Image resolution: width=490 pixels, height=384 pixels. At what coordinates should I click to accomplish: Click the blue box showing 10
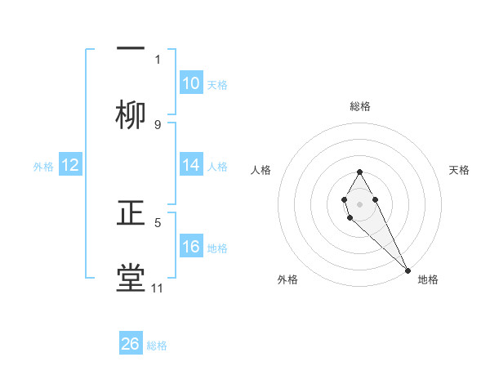pos(191,83)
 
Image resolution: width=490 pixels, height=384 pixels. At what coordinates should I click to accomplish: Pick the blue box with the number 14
pos(191,165)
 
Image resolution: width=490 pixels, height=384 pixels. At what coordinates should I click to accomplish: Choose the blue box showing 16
pos(191,247)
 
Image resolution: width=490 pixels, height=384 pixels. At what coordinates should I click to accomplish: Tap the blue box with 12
pos(70,165)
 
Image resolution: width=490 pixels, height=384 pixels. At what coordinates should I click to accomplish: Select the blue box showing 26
pos(131,344)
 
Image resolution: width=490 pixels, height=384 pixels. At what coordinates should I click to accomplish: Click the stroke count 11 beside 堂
pos(157,288)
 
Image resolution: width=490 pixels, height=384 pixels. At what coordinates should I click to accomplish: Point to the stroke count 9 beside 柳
pos(157,124)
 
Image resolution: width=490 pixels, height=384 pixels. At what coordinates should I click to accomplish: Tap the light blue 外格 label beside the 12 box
pos(43,167)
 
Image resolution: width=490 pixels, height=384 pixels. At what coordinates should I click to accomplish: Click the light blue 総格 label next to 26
pos(157,346)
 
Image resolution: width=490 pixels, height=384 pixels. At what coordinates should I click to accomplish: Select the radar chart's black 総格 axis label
pos(360,106)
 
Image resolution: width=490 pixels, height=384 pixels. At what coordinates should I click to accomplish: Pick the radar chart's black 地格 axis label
pos(428,279)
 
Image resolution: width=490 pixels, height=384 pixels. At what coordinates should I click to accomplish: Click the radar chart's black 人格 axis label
pos(261,170)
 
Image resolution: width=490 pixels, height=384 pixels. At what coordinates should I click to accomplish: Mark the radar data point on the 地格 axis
pos(408,270)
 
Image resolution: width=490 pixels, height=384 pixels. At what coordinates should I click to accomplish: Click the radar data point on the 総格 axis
pos(359,172)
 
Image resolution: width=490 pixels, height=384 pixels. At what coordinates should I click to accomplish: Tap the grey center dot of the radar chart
pos(359,203)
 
